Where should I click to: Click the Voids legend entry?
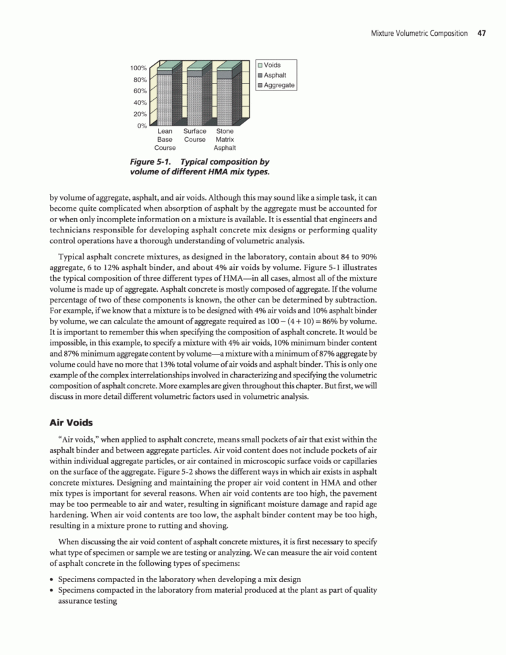coord(272,65)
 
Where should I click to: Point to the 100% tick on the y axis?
coord(138,68)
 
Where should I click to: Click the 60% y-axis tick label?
coord(140,91)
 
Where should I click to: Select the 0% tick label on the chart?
coord(142,126)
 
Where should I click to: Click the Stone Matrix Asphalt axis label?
coord(225,139)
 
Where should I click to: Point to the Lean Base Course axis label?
coord(165,139)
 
